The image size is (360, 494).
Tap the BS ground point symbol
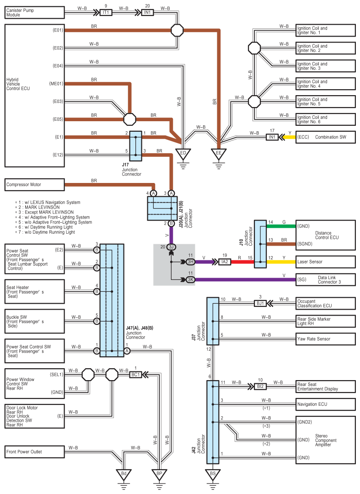tap(213, 474)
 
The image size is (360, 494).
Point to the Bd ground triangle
tap(124, 474)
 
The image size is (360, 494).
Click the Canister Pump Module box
tap(35, 13)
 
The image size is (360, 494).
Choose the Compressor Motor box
tap(35, 185)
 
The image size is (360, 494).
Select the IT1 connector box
tap(106, 13)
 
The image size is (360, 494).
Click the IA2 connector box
tap(225, 262)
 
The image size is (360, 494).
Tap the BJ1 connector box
tap(260, 303)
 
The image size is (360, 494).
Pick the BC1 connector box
tap(135, 375)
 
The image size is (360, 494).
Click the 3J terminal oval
tap(171, 247)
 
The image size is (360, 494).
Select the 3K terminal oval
tap(191, 279)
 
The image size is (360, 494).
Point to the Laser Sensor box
tap(326, 262)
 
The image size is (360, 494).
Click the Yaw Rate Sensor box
tap(326, 339)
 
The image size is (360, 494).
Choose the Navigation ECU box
tap(326, 404)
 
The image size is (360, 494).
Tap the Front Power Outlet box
tap(35, 452)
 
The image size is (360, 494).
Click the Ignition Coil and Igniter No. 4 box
tap(326, 84)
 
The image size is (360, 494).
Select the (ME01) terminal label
tap(56, 84)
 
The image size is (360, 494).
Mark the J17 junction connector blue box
tap(136, 146)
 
